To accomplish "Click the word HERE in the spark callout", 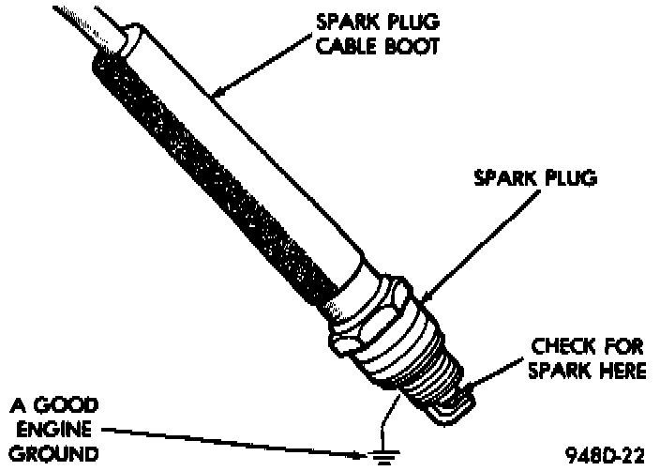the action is [613, 371].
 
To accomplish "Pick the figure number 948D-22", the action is [606, 455].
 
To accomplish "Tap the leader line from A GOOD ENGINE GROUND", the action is [234, 443].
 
